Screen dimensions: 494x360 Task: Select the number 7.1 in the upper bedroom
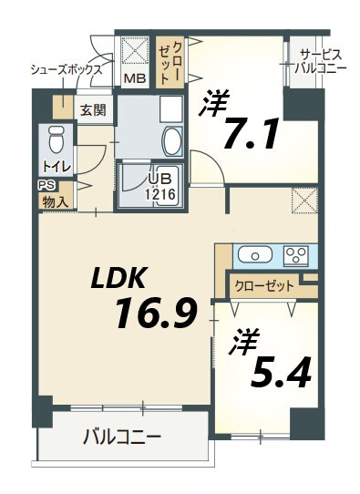coord(247,134)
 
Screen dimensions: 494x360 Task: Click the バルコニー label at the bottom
coord(122,437)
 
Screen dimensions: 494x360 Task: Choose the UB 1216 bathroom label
coord(165,186)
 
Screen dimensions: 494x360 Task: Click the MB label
coord(134,78)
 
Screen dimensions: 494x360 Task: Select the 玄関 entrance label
coord(91,110)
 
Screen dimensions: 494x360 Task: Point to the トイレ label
coord(56,167)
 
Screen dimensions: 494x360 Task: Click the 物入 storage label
coord(54,200)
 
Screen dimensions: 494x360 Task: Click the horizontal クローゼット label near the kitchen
coord(264,285)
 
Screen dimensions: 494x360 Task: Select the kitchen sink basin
coord(252,253)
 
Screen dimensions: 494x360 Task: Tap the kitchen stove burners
coord(295,253)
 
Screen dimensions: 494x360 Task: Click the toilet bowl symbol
coord(57,141)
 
